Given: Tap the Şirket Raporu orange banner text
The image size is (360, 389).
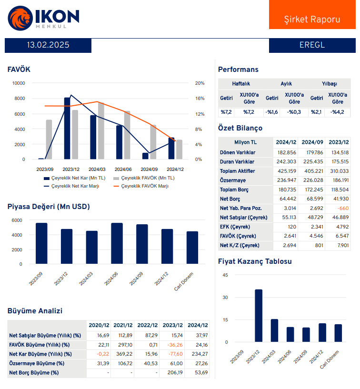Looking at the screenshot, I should tap(312, 20).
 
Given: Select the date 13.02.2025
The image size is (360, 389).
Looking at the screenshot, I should tap(48, 45).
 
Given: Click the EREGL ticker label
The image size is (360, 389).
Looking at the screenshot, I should tap(312, 45).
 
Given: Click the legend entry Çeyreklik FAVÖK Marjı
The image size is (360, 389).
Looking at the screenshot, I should tap(145, 186).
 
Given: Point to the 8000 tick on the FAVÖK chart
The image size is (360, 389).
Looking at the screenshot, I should tap(19, 99).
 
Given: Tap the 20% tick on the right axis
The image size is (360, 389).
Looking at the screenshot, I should tap(200, 83).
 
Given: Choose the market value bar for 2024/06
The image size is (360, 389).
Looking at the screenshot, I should tap(117, 243).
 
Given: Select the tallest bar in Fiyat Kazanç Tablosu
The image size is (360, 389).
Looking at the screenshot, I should tap(259, 316).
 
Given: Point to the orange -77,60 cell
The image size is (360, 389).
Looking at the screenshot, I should tap(172, 354).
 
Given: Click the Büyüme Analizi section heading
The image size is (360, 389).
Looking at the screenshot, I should tap(35, 311).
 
